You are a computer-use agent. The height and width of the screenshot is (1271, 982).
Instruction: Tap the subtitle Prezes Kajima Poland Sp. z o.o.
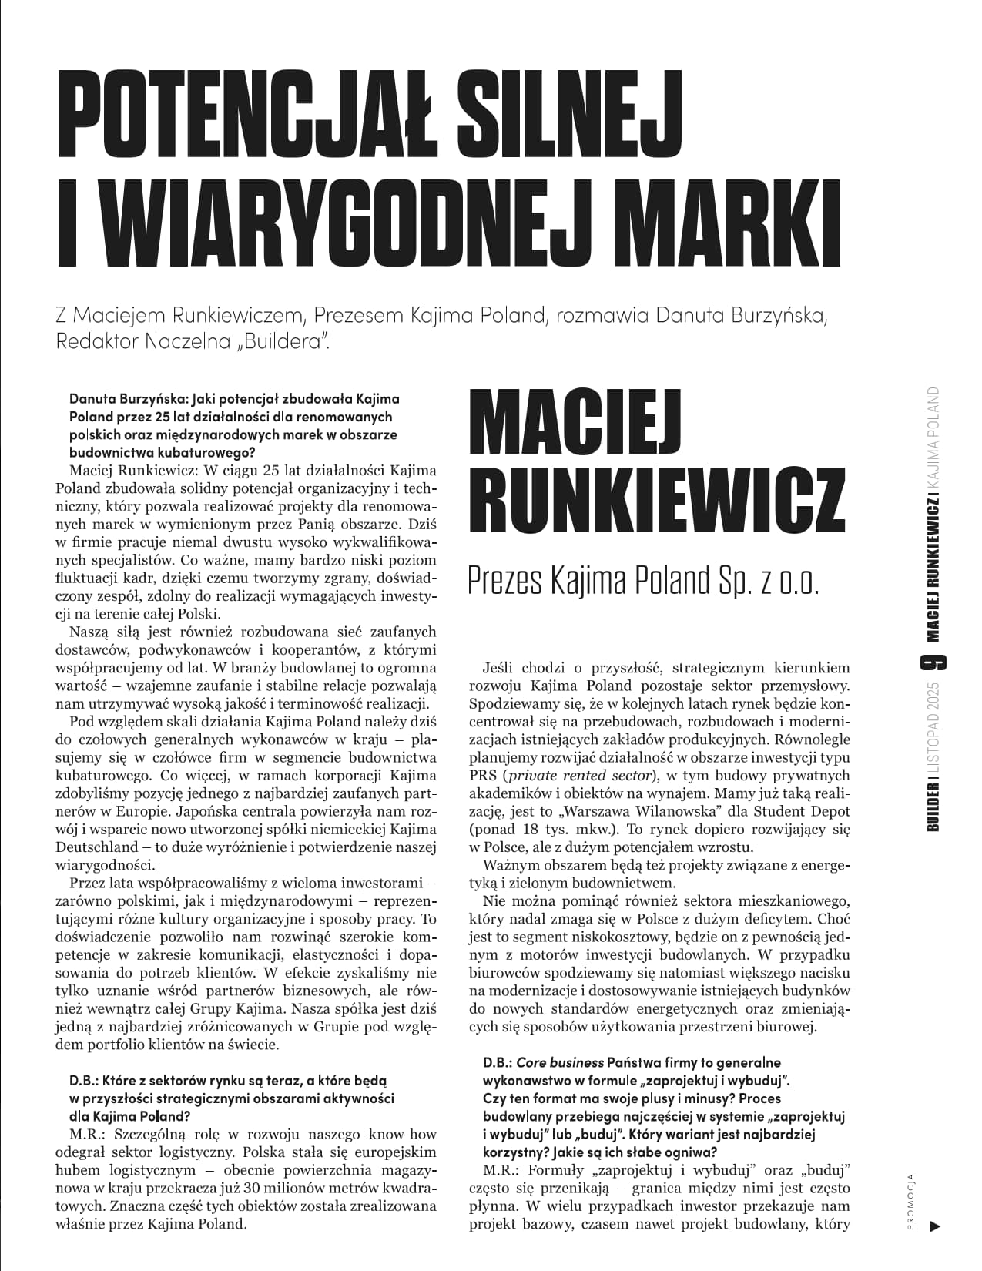point(643,582)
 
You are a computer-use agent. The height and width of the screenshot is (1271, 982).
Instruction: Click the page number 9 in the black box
point(934,662)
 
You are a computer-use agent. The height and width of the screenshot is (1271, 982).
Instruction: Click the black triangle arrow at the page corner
point(935,1226)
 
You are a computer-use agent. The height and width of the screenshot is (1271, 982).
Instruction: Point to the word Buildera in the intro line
point(287,341)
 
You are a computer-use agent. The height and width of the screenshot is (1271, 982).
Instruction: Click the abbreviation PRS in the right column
point(482,776)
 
